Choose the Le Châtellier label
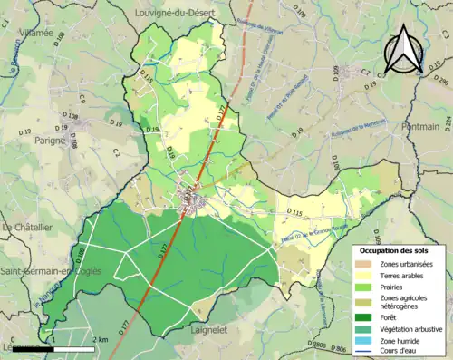point(28,226)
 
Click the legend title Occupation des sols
point(400,249)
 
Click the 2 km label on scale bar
point(101,339)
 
